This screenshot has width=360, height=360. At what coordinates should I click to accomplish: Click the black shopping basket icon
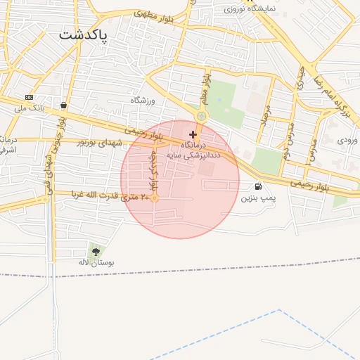click(x=64, y=105)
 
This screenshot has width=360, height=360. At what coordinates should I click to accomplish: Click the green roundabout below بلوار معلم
click(x=202, y=116)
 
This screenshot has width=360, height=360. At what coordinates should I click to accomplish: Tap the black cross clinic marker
click(x=193, y=134)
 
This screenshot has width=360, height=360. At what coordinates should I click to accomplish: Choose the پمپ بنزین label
click(x=255, y=199)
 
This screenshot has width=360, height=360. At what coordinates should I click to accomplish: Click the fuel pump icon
click(x=259, y=187)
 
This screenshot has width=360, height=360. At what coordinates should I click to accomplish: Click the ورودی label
click(x=347, y=141)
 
